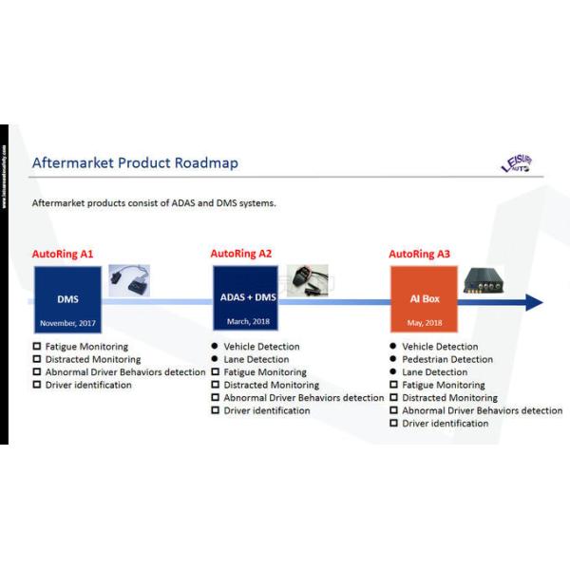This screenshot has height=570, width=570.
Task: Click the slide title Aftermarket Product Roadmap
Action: point(135,162)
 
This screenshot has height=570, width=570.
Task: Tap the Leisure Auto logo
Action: point(518,163)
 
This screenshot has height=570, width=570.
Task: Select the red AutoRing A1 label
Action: point(63,255)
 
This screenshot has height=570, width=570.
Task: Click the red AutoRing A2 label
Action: point(241,255)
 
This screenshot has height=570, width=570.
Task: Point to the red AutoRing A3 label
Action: point(420,255)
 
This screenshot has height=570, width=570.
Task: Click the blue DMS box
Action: point(67,299)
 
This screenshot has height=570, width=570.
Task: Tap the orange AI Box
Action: point(424,299)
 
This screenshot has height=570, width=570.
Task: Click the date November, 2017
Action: point(67,323)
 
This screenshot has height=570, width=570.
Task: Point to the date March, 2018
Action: point(247,322)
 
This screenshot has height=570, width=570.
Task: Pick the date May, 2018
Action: point(424,322)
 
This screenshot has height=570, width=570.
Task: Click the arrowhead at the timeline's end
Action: point(534,302)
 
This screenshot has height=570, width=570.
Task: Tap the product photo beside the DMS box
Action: point(129,280)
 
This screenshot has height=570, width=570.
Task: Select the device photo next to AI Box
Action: point(487,281)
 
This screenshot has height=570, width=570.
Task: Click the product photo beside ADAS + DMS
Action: point(307,280)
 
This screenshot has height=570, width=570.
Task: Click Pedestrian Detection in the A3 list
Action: point(447,360)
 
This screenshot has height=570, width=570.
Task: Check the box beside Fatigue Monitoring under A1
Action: point(37,347)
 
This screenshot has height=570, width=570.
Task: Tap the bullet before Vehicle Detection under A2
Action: point(216,347)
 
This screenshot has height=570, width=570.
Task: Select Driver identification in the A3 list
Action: point(445,424)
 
